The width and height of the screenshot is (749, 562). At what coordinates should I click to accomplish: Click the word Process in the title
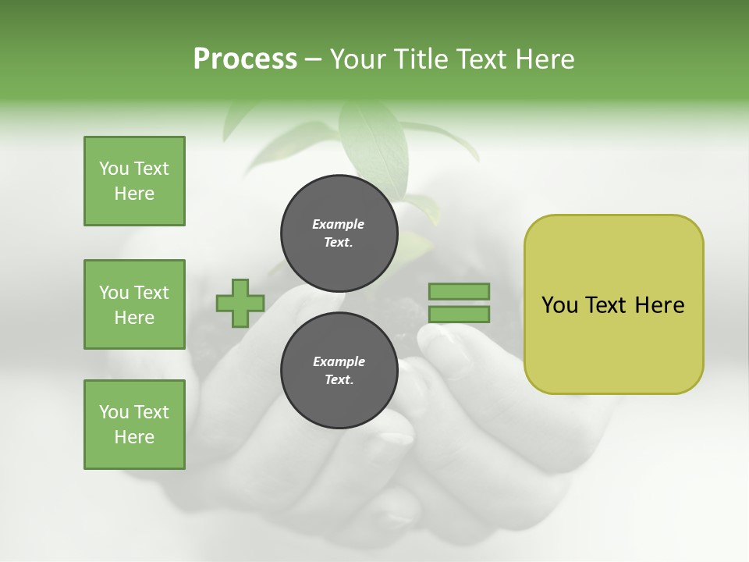[245, 59]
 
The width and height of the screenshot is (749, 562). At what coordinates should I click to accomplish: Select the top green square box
[134, 181]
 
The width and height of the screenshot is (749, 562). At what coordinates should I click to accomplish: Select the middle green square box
[134, 304]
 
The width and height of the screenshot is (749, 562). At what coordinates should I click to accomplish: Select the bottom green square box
[134, 425]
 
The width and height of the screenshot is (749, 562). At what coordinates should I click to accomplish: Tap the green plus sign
[240, 303]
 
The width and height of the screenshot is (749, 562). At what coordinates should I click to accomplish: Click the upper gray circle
[339, 233]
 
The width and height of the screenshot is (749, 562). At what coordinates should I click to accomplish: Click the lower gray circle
[339, 371]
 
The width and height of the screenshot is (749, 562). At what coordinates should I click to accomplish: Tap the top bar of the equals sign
[459, 291]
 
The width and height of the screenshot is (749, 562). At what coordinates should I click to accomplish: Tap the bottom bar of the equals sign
[459, 315]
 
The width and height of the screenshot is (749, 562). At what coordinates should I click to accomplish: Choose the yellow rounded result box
[613, 304]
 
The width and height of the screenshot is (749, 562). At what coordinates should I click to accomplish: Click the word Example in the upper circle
[339, 224]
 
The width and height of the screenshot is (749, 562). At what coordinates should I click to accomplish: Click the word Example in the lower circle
[339, 361]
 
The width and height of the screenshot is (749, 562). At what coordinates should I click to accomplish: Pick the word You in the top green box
[113, 169]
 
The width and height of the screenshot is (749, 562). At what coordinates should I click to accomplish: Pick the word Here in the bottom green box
[134, 437]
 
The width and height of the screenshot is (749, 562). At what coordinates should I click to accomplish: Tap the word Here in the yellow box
[659, 305]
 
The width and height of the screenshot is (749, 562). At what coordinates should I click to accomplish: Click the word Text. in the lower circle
[339, 380]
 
